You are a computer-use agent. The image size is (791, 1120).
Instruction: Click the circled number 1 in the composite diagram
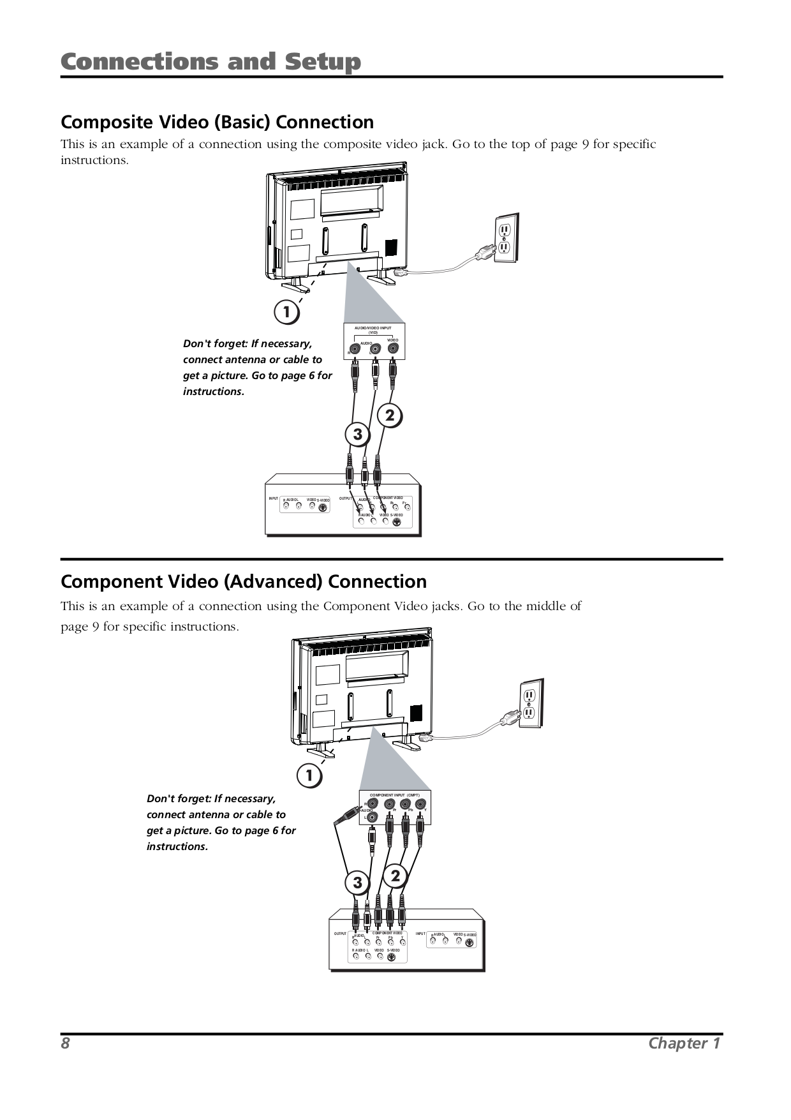click(x=286, y=313)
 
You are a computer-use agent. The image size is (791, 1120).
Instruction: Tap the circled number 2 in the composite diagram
click(x=390, y=416)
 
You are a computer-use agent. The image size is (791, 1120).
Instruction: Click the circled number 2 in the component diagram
click(x=395, y=876)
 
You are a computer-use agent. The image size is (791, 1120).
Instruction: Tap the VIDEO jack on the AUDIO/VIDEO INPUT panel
click(x=393, y=349)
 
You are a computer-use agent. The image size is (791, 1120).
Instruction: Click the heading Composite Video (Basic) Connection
click(x=217, y=122)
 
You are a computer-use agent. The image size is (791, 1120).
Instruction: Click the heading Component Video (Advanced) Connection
click(x=243, y=581)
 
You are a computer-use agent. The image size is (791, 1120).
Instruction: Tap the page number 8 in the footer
click(x=65, y=1043)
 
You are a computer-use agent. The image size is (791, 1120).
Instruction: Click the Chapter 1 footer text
click(x=684, y=1043)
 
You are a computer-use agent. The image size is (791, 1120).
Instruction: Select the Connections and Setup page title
click(x=211, y=62)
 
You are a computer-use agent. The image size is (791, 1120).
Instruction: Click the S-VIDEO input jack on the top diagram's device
click(x=323, y=508)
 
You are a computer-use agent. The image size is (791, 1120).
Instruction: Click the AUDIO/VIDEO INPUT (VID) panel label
click(x=373, y=329)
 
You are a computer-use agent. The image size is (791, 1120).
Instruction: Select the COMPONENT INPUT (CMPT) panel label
click(x=394, y=795)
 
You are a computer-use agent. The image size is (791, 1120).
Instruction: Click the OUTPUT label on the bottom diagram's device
click(x=340, y=934)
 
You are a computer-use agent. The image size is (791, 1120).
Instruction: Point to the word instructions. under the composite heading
click(x=94, y=160)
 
